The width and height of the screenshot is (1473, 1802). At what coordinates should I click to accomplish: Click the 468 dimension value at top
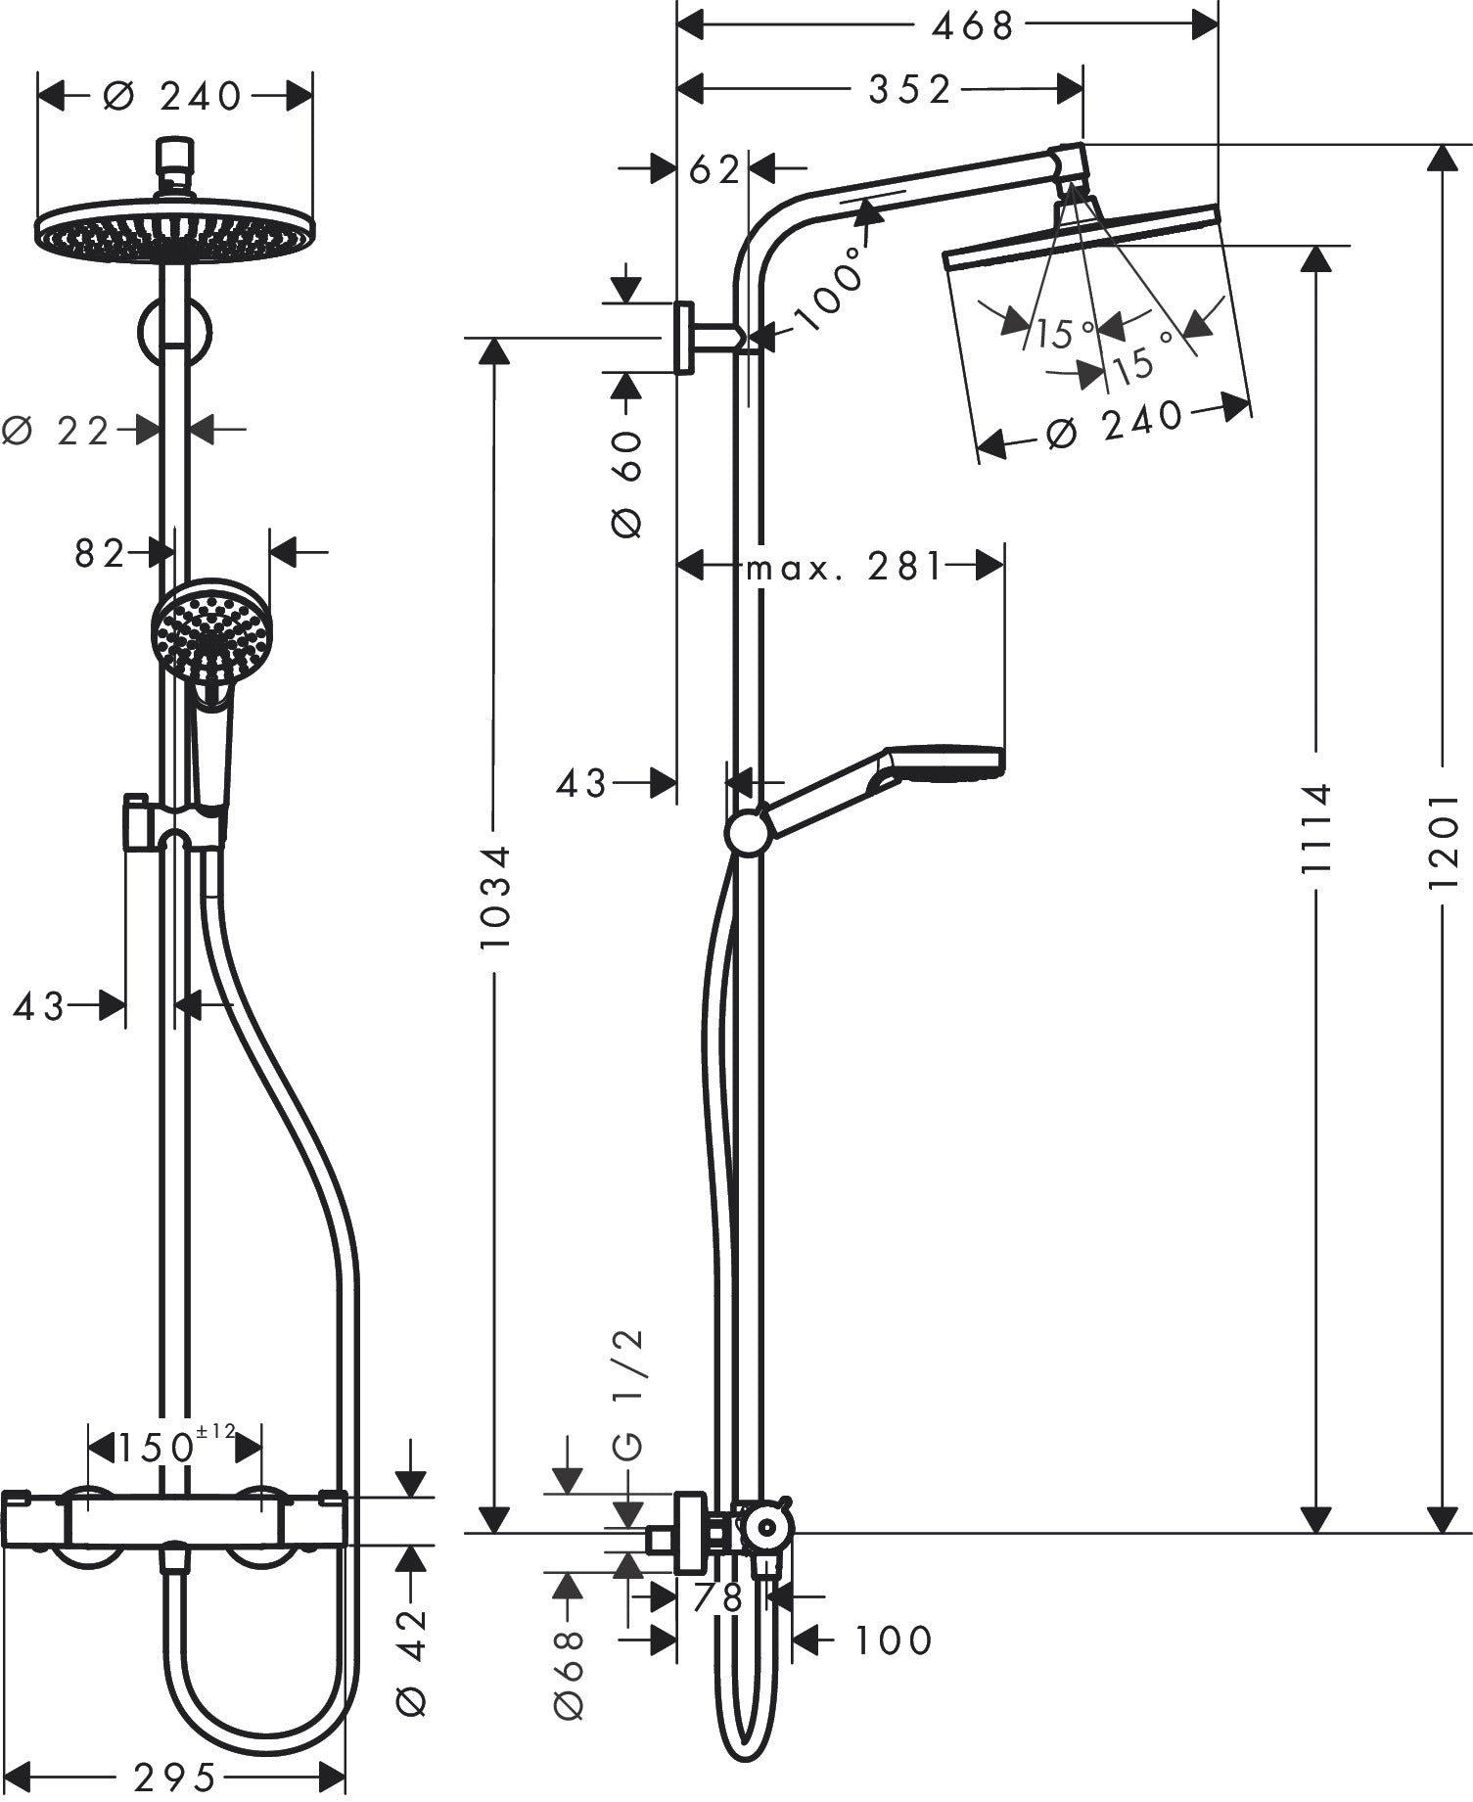[x=972, y=26]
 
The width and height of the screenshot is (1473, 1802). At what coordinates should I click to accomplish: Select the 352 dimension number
[x=909, y=90]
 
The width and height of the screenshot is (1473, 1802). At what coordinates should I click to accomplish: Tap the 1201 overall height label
[x=1443, y=841]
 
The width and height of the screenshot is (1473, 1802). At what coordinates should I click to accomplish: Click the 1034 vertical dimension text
[x=496, y=897]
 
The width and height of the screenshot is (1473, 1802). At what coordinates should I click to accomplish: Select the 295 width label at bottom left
[x=176, y=1774]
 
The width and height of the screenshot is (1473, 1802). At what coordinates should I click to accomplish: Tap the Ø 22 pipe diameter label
[x=59, y=430]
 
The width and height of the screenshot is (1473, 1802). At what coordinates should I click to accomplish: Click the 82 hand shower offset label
[x=100, y=554]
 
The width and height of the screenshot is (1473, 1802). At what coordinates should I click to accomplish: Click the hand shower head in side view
[x=944, y=762]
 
